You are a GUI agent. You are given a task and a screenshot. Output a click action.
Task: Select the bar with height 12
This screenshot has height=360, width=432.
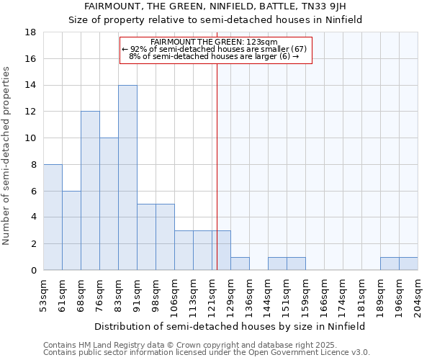(90, 191)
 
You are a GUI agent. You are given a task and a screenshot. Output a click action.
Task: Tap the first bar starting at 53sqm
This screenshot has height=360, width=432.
(53, 217)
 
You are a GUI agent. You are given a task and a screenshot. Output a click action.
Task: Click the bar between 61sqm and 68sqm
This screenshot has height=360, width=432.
(71, 230)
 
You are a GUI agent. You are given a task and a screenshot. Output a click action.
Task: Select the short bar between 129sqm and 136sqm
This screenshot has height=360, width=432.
(240, 264)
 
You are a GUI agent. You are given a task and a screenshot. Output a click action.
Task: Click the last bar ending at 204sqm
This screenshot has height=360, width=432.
(408, 264)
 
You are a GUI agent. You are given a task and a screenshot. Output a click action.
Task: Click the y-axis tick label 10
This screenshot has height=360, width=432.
(32, 138)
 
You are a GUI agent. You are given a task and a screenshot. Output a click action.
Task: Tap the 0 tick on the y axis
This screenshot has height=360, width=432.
(34, 270)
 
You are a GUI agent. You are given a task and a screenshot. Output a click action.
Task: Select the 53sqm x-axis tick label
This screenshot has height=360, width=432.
(44, 295)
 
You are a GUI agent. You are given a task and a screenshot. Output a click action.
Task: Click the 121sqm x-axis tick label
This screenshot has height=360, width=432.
(212, 295)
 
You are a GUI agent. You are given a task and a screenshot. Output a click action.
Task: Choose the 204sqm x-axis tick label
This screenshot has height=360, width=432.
(418, 295)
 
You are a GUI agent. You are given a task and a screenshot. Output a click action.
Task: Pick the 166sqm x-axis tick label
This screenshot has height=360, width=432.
(325, 295)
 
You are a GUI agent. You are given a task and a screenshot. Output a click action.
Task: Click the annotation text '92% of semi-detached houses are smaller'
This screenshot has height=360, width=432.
(215, 49)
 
